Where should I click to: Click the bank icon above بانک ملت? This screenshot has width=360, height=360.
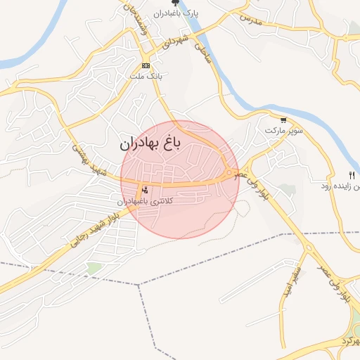[146, 65]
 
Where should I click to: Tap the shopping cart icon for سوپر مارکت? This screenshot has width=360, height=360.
[283, 120]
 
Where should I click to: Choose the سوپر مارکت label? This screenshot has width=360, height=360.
[283, 131]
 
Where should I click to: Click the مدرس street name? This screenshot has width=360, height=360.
[251, 19]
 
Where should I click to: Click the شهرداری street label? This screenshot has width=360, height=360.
[176, 41]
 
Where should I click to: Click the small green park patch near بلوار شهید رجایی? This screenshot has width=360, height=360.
[94, 268]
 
